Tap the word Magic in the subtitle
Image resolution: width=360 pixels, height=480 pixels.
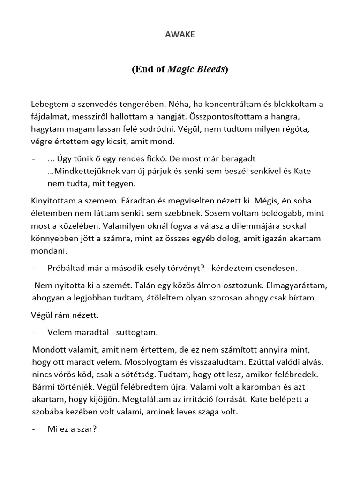coord(180,69)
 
